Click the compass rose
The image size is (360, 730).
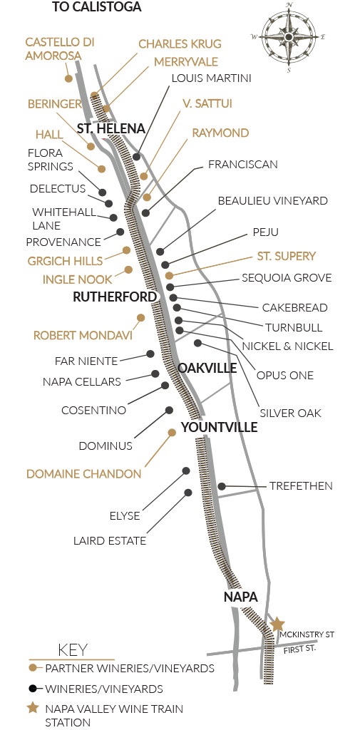click(289, 36)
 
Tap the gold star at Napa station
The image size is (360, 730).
click(277, 624)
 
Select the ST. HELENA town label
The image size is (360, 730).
click(111, 129)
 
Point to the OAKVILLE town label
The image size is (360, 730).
click(207, 368)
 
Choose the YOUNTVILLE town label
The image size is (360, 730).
click(220, 427)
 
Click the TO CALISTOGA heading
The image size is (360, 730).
click(97, 8)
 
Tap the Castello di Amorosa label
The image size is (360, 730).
click(60, 49)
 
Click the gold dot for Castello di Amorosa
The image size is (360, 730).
click(68, 78)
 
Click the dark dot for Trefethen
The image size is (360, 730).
click(222, 486)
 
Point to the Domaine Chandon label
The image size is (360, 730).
click(83, 473)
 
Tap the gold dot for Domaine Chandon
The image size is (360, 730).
click(171, 432)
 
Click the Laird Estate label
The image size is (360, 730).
click(110, 541)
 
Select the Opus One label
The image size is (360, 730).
click(286, 375)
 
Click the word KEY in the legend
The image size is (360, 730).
click(71, 649)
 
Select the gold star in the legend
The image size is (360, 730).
click(32, 709)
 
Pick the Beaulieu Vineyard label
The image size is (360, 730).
click(272, 201)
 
